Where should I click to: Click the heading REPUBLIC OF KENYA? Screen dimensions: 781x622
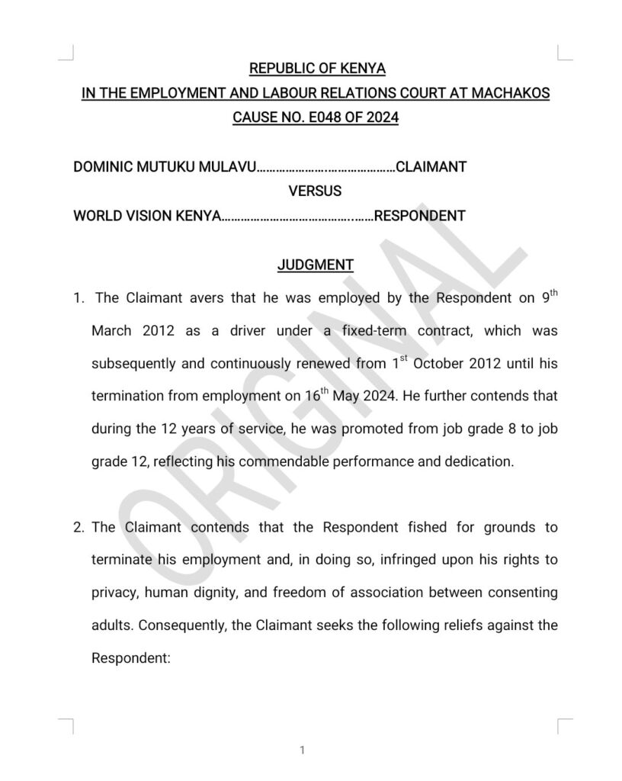coord(317,69)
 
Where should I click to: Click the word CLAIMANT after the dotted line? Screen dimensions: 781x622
coord(431,166)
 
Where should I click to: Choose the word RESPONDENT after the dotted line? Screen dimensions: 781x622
coord(419,215)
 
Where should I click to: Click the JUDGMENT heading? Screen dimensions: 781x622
coord(315,265)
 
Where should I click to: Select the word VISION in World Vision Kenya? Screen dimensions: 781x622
coord(148,215)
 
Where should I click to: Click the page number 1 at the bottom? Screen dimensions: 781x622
coord(303,750)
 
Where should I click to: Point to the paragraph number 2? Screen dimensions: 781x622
coord(78,527)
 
